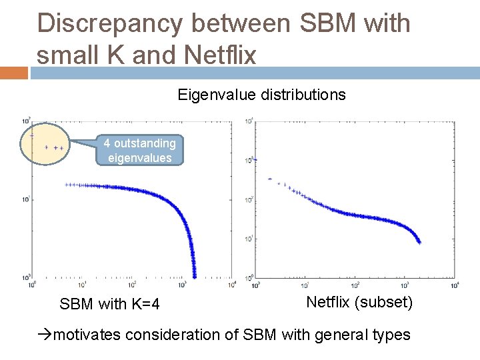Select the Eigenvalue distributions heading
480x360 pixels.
(261, 95)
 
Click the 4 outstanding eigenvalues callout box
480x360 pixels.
(139, 151)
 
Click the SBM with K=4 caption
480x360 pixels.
(109, 305)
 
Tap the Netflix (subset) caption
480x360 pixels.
(359, 302)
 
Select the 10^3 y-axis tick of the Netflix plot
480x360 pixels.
(249, 160)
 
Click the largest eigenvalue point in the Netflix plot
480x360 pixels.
(256, 159)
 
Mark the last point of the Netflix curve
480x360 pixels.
(419, 242)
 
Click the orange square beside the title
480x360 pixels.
(14, 72)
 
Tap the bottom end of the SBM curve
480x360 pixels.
(195, 276)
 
